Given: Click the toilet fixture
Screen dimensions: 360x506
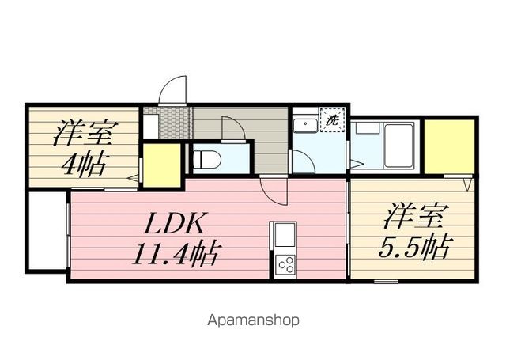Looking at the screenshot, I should pyautogui.click(x=204, y=158).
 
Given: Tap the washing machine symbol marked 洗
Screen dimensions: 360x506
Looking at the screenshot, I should pyautogui.click(x=333, y=121).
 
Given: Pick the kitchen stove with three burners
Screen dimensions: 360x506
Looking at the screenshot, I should pyautogui.click(x=285, y=263).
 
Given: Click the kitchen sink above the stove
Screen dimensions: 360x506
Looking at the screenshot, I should pyautogui.click(x=284, y=236).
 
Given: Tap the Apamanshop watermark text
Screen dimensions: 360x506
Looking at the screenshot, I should pyautogui.click(x=253, y=320).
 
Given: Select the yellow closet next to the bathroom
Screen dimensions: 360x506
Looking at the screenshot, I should pyautogui.click(x=449, y=146).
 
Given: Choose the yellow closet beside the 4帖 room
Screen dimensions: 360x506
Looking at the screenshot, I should pyautogui.click(x=161, y=165).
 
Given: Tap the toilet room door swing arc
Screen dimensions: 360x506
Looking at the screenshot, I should pyautogui.click(x=233, y=128).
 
